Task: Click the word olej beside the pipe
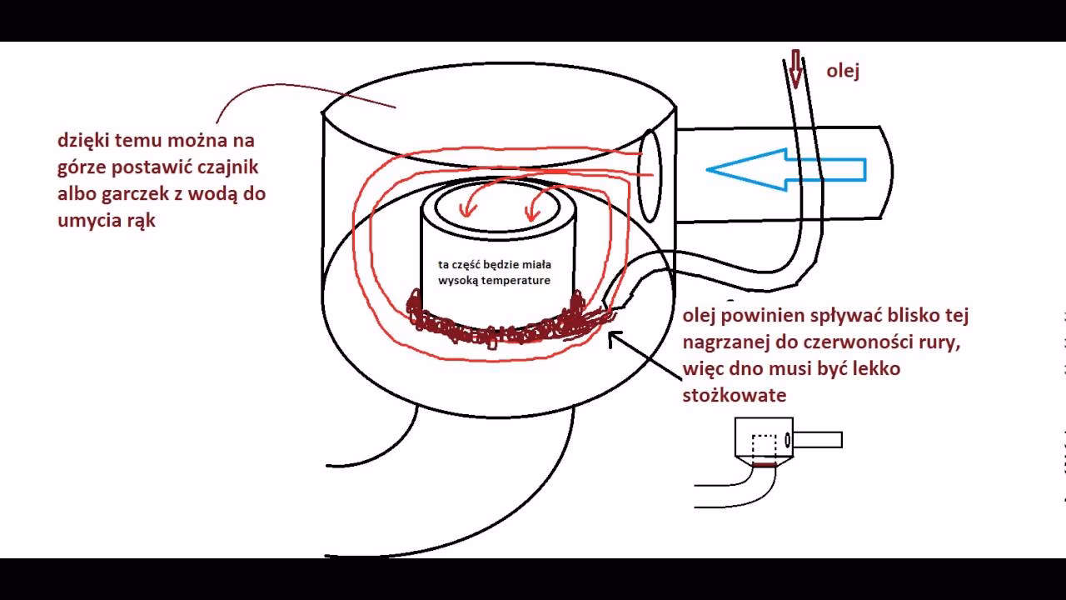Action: [843, 72]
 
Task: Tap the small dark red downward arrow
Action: [795, 69]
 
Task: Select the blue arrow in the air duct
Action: [785, 169]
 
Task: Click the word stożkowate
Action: [735, 395]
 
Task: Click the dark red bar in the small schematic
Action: [764, 465]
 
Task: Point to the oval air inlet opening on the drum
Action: [650, 175]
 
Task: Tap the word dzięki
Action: [84, 142]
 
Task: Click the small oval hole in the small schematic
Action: [788, 439]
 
